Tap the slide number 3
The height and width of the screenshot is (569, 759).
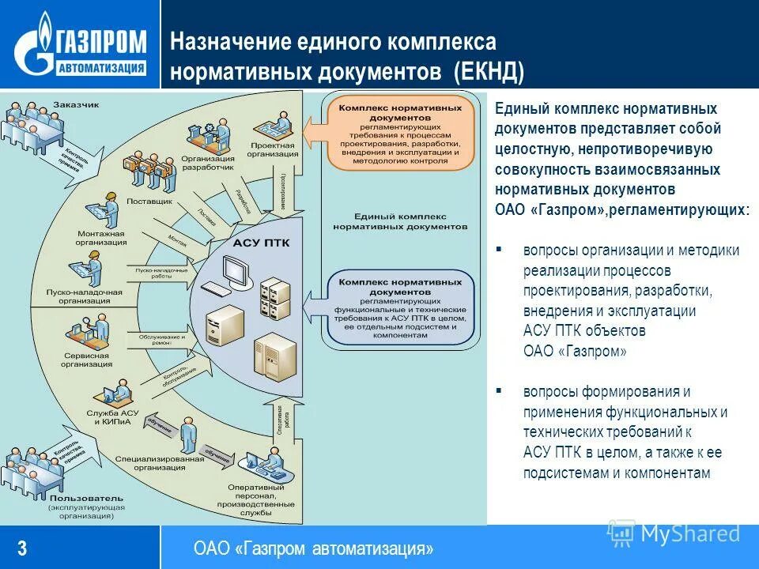pos(23,548)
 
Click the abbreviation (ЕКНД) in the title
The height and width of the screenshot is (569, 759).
pos(488,72)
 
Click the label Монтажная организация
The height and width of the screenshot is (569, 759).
pos(102,239)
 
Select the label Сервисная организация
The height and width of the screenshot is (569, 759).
pos(86,359)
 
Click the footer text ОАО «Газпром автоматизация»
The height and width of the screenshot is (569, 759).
pos(313,548)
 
